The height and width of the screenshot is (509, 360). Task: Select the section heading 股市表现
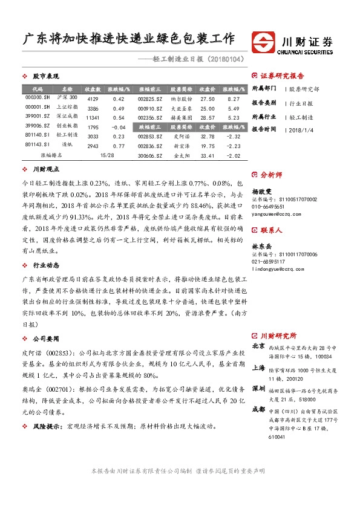click(46, 76)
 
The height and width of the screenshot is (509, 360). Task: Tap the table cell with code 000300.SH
click(38, 98)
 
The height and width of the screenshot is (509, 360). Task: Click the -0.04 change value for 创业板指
click(119, 128)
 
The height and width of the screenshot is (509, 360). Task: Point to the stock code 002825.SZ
click(148, 98)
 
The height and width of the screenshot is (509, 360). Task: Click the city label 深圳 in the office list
click(258, 388)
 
